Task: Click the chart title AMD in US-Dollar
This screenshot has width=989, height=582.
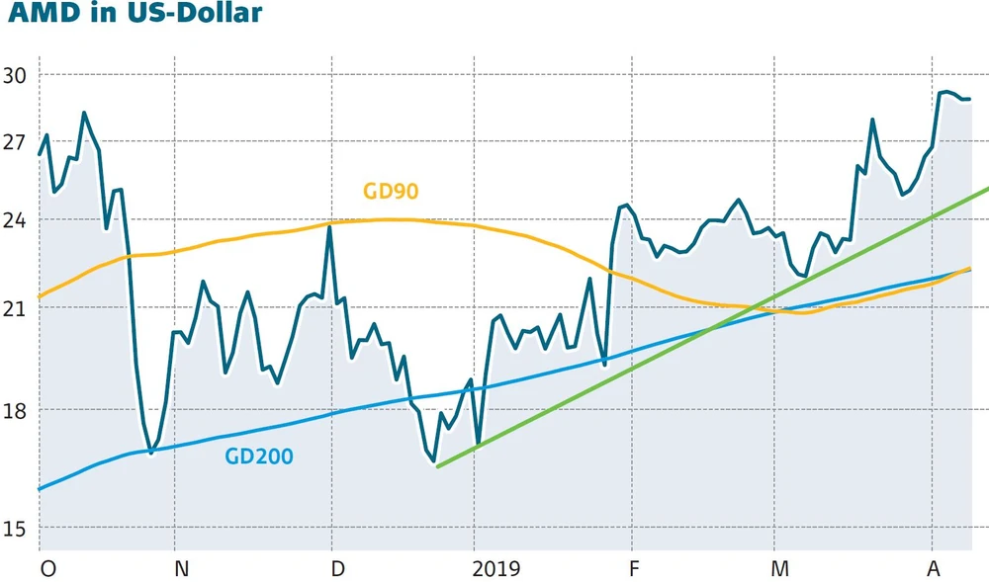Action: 132,15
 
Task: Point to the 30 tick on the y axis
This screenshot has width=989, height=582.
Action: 17,75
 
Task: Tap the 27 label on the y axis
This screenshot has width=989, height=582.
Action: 17,141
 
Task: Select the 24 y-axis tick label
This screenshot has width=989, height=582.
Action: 17,220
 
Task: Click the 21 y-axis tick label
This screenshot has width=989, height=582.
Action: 17,307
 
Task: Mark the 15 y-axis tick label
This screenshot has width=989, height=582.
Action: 17,529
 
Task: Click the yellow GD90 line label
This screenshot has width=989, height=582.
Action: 391,192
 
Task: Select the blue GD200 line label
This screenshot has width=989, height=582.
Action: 259,457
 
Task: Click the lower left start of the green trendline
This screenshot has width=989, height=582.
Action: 436,465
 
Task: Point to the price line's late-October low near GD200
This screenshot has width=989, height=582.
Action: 150,453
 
